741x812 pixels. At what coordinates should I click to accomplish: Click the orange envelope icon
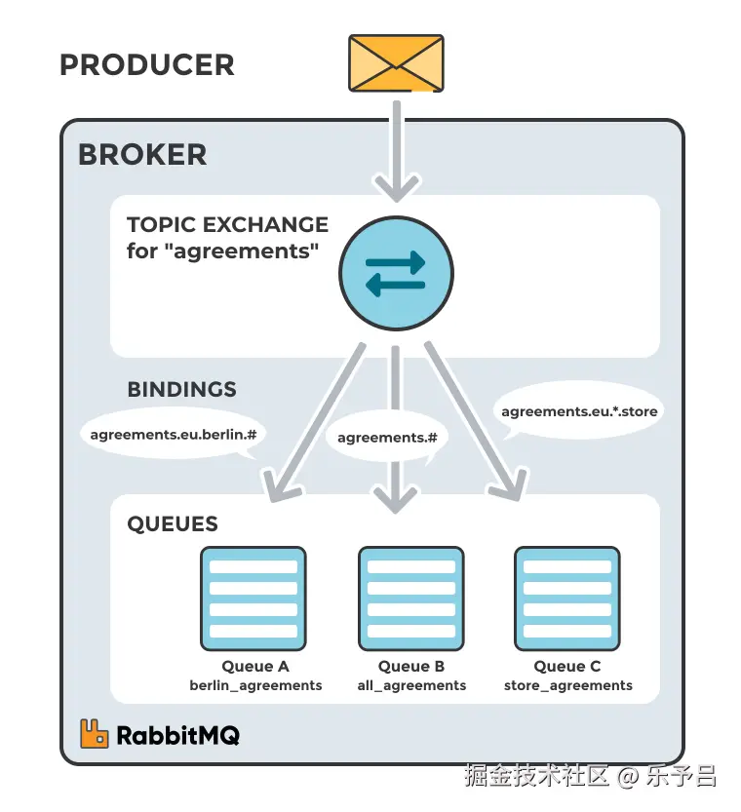coord(396,64)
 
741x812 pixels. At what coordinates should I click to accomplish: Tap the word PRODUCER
coord(147,65)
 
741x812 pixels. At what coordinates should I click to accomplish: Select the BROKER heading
coord(142,154)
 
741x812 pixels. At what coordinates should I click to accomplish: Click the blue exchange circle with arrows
coord(396,273)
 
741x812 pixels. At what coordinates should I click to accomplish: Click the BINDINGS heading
coord(181,389)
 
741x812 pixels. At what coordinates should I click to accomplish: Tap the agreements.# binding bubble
coord(387,438)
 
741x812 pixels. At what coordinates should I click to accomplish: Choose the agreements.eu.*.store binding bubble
coord(579,411)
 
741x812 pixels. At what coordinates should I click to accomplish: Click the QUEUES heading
coord(173,524)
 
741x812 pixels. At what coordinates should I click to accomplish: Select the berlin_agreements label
coord(255,685)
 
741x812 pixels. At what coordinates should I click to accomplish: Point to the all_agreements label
coord(411,685)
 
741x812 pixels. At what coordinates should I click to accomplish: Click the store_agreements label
coord(567,685)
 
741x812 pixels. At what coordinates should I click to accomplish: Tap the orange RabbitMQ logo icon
coord(95,734)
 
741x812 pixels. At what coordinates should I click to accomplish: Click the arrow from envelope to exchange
coord(396,146)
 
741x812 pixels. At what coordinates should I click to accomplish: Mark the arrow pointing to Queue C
coord(472,424)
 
